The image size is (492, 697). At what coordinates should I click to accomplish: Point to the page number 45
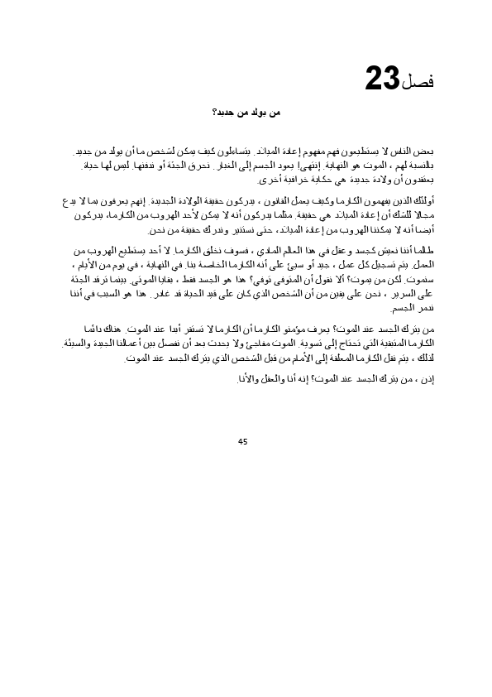click(242, 441)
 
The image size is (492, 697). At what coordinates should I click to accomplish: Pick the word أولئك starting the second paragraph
click(424, 201)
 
